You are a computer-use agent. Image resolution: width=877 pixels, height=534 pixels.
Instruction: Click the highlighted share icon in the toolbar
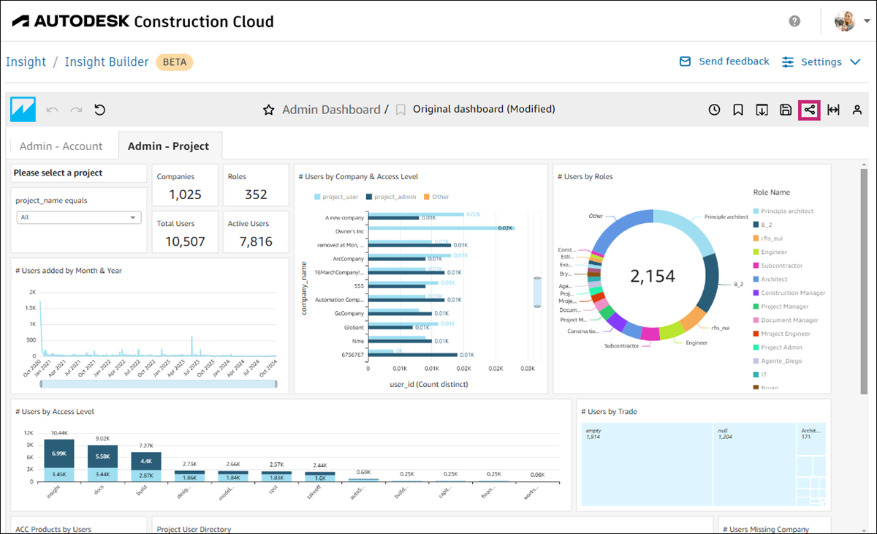(809, 110)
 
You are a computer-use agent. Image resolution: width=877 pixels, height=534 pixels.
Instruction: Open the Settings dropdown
(821, 62)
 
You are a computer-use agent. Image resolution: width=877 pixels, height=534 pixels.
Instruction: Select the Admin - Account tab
(61, 146)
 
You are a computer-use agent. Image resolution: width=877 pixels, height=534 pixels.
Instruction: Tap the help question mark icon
(794, 21)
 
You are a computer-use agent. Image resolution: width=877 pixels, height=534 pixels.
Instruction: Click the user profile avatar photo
(845, 21)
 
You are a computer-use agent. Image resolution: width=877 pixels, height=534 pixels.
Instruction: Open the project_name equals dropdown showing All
(79, 217)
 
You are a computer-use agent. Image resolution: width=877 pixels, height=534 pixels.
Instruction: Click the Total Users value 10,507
(185, 241)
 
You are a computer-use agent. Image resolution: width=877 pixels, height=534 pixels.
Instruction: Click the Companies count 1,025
(185, 195)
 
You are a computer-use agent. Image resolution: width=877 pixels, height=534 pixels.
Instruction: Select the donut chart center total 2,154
(652, 276)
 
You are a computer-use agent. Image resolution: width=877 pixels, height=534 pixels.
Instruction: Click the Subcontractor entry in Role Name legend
(781, 266)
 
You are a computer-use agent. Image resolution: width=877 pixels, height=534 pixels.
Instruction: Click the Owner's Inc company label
(344, 231)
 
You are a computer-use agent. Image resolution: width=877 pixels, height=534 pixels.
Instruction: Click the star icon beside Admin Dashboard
(268, 110)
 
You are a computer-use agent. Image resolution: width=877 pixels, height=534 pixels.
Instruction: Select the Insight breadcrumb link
(26, 62)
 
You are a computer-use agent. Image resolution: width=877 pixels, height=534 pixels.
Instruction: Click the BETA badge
(174, 62)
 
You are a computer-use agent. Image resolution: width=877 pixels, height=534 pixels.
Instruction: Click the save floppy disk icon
(786, 110)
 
